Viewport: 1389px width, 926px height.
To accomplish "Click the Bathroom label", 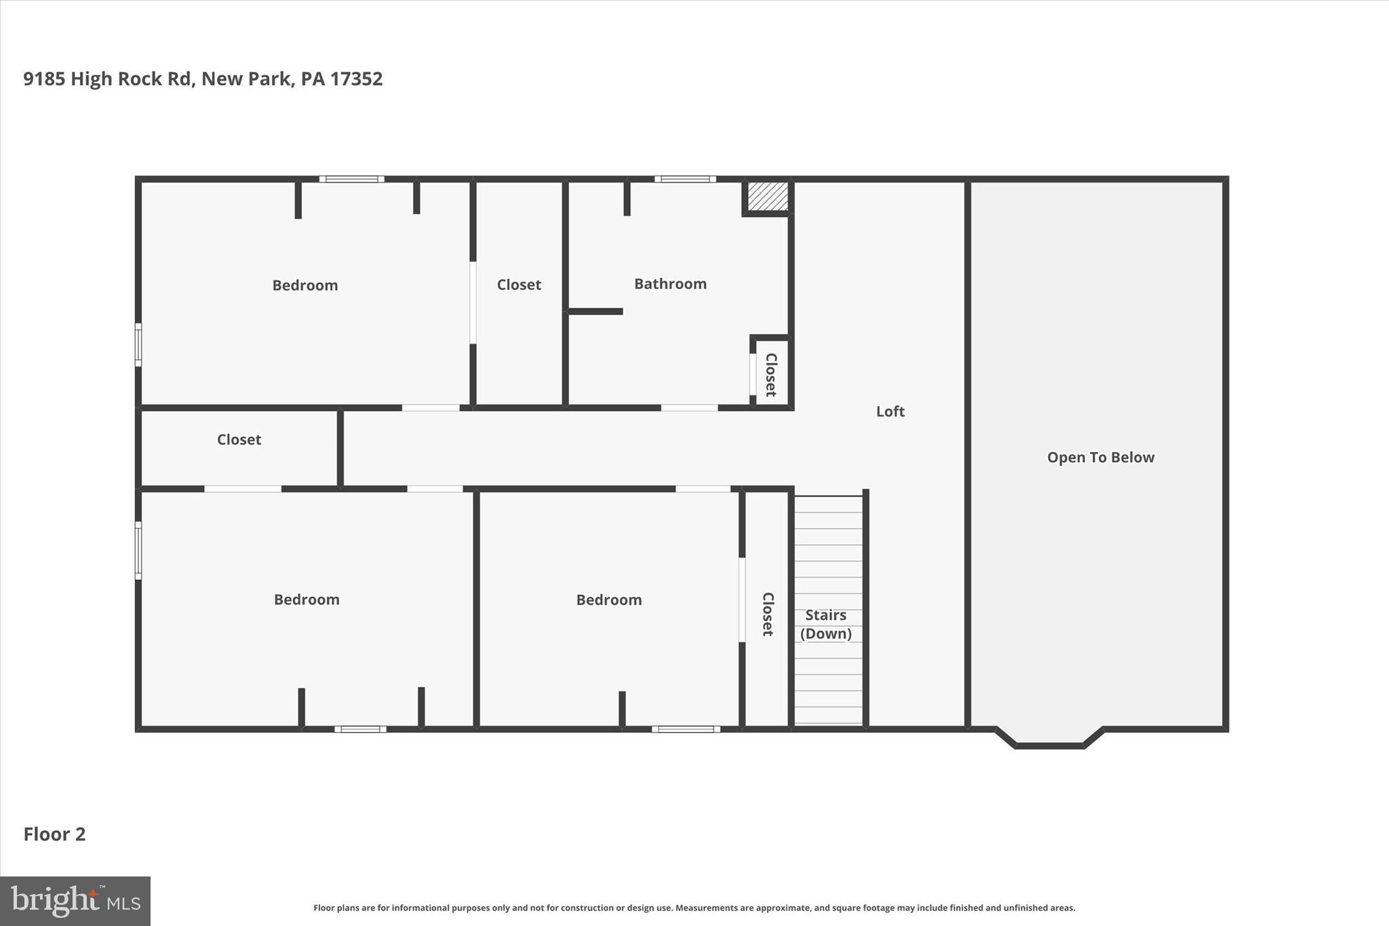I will tap(670, 284).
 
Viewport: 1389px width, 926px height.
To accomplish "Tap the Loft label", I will tap(890, 411).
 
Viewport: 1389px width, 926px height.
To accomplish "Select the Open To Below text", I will tap(1100, 457).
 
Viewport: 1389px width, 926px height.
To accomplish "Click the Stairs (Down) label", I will tap(825, 624).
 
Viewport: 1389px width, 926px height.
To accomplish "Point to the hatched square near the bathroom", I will tap(768, 197).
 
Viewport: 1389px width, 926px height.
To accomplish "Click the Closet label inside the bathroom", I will tap(770, 374).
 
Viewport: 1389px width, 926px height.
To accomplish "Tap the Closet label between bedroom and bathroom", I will tap(519, 285).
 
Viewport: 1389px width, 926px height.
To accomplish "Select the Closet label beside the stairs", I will tap(767, 614).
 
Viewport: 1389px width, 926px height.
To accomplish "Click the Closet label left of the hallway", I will tap(239, 440).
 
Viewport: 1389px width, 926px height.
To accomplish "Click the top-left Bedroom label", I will tap(305, 285).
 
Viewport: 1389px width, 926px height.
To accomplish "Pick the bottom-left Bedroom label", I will tap(307, 600).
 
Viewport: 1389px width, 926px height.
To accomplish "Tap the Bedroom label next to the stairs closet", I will tap(609, 600).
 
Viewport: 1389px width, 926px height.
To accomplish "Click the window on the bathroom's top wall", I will tap(685, 179).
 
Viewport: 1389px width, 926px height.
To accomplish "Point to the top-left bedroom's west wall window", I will tap(138, 345).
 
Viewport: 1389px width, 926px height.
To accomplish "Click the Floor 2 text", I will tap(54, 834).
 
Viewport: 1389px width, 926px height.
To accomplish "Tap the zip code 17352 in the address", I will tap(356, 79).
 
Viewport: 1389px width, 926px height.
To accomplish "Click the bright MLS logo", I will tap(75, 901).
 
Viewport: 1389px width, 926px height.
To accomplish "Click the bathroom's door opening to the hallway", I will tap(689, 408).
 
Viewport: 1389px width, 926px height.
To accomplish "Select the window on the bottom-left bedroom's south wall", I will tap(360, 729).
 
